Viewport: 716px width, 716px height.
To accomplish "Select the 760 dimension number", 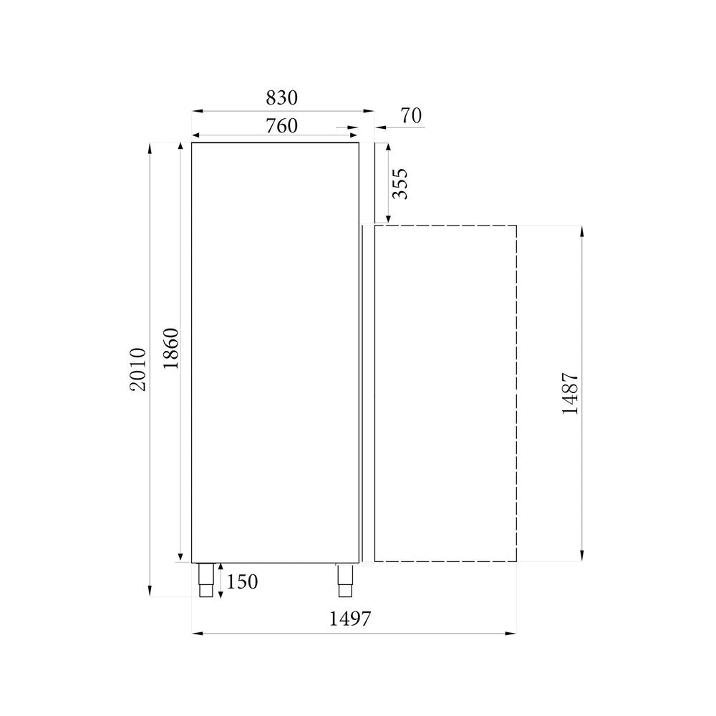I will [281, 125].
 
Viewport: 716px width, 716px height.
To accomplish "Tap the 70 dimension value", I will [411, 115].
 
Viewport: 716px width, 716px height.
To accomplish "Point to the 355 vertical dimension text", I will [400, 183].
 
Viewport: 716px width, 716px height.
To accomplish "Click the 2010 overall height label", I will [138, 369].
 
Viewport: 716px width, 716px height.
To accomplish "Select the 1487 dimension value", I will [571, 393].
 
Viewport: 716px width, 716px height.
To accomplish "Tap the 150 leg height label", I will [242, 581].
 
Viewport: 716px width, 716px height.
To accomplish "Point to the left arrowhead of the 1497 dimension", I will [197, 633].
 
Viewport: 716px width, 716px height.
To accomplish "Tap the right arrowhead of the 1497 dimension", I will [512, 633].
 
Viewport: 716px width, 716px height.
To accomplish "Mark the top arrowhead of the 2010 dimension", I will [150, 147].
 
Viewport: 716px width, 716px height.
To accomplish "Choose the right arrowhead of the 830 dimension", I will [369, 111].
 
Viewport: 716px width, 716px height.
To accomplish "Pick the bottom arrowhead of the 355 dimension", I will [388, 218].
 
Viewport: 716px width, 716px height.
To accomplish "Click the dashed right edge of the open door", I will [516, 393].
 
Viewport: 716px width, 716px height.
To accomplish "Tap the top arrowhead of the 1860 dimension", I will [179, 147].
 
